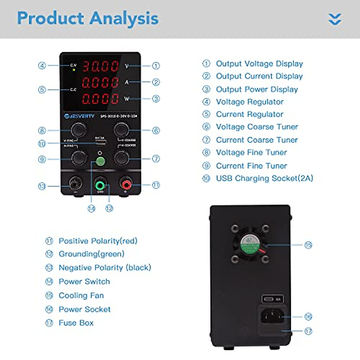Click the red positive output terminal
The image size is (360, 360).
(x=126, y=184)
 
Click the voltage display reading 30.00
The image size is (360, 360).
(x=100, y=66)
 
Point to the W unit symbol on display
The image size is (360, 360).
(x=127, y=99)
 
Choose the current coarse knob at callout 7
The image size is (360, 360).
(x=121, y=158)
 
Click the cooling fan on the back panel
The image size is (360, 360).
(x=250, y=244)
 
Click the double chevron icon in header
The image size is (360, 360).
(x=335, y=19)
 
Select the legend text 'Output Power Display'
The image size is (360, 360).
(x=257, y=89)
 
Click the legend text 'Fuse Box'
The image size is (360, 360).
(x=76, y=323)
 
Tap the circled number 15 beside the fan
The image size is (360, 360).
(x=308, y=245)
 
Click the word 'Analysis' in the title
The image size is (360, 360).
(x=124, y=19)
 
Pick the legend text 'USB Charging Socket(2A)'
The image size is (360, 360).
(x=264, y=178)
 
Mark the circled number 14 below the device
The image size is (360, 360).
(x=91, y=208)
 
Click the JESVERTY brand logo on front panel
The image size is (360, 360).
(x=79, y=116)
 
